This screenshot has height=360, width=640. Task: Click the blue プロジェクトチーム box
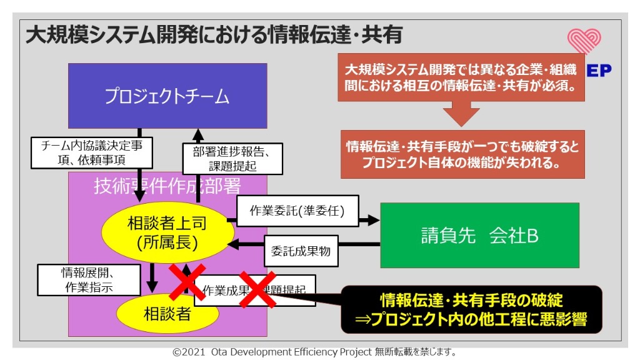[x=167, y=96]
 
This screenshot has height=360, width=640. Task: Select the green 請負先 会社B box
[x=479, y=235]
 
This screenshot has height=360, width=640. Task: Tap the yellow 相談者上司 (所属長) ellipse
[x=167, y=232]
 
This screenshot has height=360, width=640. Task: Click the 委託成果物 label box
[x=301, y=251]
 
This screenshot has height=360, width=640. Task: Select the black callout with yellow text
[x=471, y=309]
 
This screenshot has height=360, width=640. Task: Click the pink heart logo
[x=584, y=41]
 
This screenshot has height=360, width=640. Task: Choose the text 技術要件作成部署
[x=167, y=186]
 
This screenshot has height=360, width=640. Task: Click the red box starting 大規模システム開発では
[x=461, y=77]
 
